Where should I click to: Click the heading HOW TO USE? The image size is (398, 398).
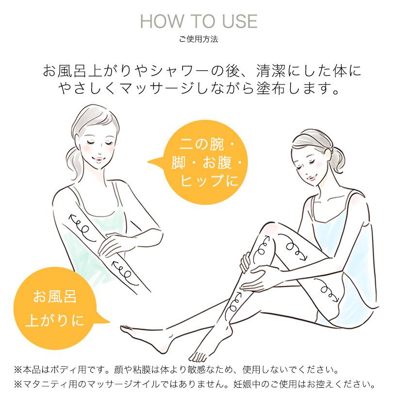click(x=199, y=22)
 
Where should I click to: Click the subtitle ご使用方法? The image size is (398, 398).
click(x=199, y=39)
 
